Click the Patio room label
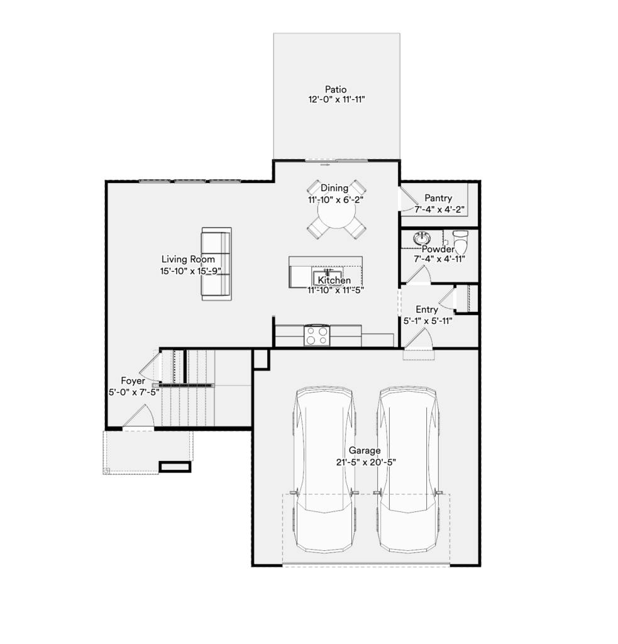coord(336,89)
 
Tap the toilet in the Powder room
coord(460,242)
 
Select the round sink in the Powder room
coord(422,238)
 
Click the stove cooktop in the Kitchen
coord(317,336)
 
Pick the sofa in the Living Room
coord(216,264)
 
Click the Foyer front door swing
coord(140,415)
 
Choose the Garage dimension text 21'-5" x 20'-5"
coord(366,462)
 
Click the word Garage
coord(365,450)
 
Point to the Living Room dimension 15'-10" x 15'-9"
coord(191,271)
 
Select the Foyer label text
coord(133,380)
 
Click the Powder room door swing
coord(419,275)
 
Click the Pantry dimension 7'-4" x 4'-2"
coord(439,209)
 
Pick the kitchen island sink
coord(328,274)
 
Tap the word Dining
coord(334,188)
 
